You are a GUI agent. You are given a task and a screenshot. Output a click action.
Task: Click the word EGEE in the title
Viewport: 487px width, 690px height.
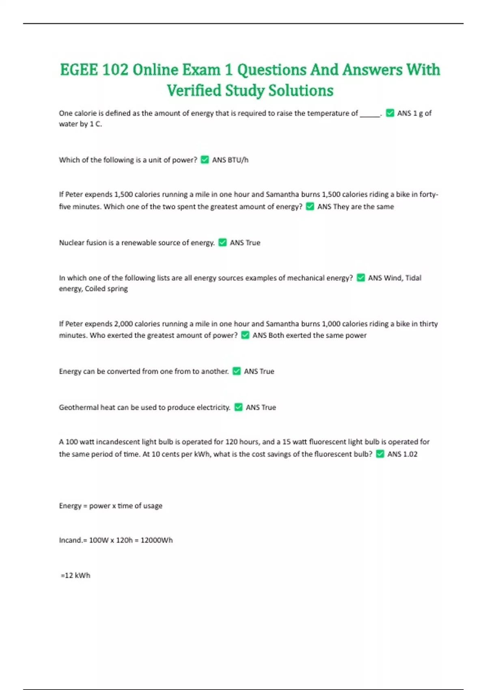pyautogui.click(x=79, y=70)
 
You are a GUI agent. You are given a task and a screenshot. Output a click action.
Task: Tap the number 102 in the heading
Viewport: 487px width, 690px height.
pyautogui.click(x=115, y=70)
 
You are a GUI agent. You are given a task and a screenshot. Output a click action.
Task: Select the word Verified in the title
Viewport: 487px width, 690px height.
pyautogui.click(x=194, y=91)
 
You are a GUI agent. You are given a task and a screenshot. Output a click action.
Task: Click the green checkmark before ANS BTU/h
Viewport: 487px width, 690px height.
pyautogui.click(x=205, y=160)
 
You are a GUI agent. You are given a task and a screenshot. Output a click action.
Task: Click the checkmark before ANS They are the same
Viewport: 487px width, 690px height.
pyautogui.click(x=310, y=207)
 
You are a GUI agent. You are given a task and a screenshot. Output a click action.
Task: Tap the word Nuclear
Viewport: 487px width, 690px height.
pyautogui.click(x=71, y=243)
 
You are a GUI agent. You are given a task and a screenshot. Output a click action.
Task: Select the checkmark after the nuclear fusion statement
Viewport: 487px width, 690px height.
pyautogui.click(x=222, y=243)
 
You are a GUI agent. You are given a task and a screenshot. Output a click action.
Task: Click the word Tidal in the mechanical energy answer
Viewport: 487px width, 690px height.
pyautogui.click(x=413, y=278)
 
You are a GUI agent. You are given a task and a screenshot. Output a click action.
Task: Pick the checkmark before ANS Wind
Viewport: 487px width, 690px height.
pyautogui.click(x=361, y=278)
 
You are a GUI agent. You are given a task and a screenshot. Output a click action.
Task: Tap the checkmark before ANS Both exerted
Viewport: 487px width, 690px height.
pyautogui.click(x=245, y=335)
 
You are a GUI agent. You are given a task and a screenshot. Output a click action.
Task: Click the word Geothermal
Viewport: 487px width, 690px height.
pyautogui.click(x=78, y=408)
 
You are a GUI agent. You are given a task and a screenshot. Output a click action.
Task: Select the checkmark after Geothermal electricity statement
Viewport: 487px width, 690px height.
pyautogui.click(x=239, y=408)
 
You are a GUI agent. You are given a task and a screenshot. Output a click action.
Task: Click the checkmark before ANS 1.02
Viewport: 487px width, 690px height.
pyautogui.click(x=380, y=454)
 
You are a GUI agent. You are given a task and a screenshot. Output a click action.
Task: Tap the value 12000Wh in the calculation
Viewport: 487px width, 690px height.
pyautogui.click(x=157, y=540)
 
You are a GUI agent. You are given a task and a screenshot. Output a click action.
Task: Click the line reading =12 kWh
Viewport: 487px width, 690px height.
pyautogui.click(x=75, y=576)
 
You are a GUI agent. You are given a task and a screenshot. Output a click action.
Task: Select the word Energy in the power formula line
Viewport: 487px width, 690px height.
pyautogui.click(x=70, y=506)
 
